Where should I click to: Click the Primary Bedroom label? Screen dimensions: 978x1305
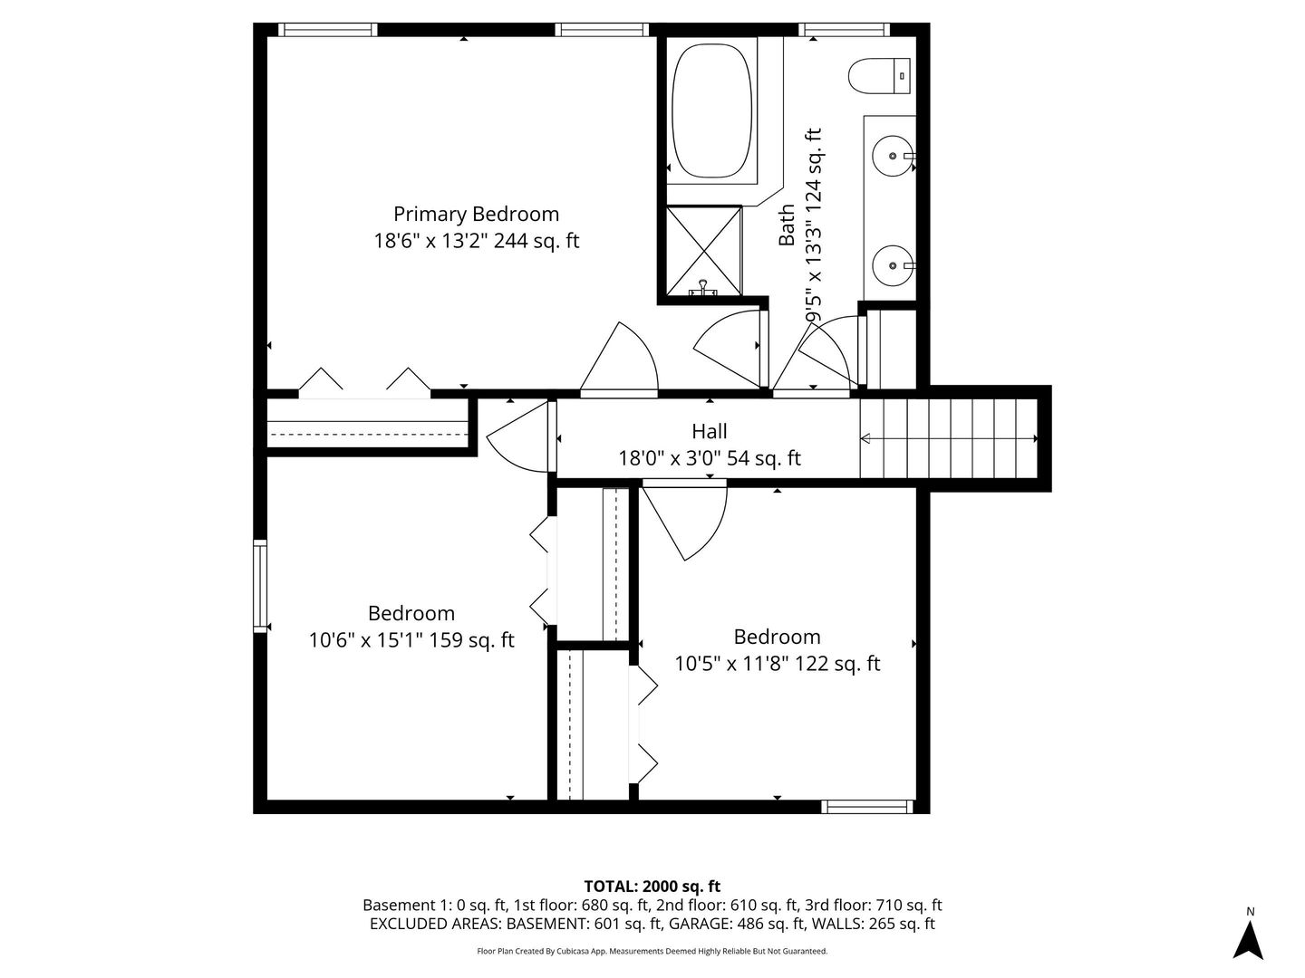[x=476, y=214]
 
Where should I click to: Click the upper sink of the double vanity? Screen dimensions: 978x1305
[x=894, y=157]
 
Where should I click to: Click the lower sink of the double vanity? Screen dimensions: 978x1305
[x=894, y=265]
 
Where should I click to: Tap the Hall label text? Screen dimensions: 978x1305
[x=710, y=432]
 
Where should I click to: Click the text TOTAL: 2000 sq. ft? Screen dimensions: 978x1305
[x=652, y=886]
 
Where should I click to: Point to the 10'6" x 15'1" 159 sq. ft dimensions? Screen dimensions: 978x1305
[x=411, y=640]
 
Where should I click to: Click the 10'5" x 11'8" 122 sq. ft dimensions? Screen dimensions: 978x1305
[x=778, y=664]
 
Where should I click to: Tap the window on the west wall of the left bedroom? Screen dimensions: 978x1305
[x=260, y=585]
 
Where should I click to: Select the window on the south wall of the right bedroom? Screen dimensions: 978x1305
[x=867, y=806]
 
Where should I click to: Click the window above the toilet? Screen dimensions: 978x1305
[x=844, y=30]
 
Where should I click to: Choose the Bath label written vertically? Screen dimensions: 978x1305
[x=787, y=225]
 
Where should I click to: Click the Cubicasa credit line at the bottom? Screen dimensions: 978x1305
[x=652, y=952]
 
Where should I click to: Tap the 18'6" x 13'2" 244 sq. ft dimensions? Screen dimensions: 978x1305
[x=476, y=241]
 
